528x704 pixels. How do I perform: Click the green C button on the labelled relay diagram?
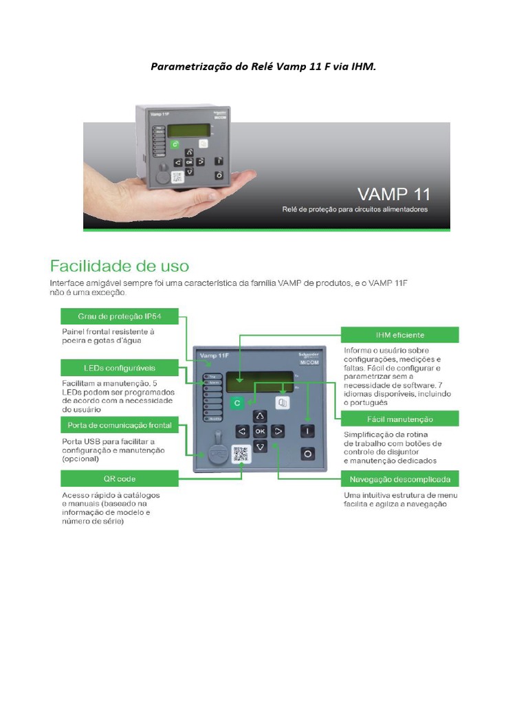click(237, 404)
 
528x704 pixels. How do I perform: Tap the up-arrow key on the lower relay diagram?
click(259, 416)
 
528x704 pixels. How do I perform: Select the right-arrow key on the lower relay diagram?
click(278, 432)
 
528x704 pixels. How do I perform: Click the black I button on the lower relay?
click(307, 431)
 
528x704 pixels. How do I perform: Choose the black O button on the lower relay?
click(307, 454)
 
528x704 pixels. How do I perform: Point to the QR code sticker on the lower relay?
click(239, 454)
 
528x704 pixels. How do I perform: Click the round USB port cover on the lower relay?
click(217, 454)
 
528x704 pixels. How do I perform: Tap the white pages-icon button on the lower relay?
click(281, 403)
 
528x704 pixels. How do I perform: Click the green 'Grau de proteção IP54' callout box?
click(120, 316)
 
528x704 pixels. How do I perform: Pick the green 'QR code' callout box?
click(120, 478)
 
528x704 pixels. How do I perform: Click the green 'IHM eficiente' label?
click(401, 335)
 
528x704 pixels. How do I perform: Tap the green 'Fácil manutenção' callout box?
click(401, 419)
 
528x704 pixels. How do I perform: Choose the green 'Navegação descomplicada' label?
click(401, 478)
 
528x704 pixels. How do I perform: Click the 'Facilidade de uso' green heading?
click(120, 265)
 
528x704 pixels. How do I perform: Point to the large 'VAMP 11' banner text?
click(391, 193)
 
